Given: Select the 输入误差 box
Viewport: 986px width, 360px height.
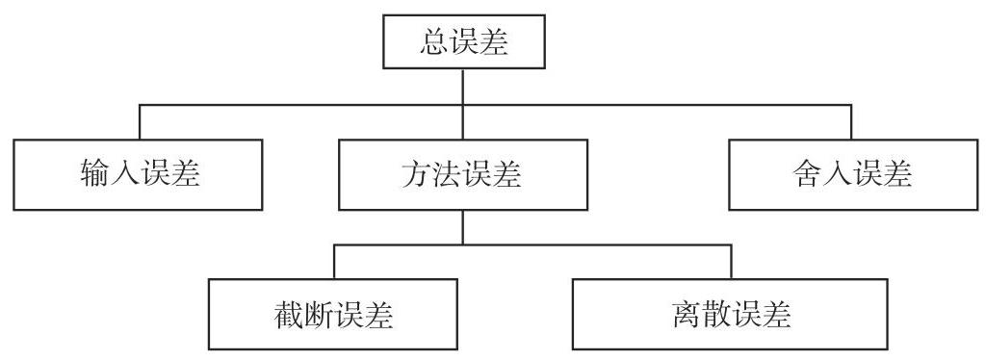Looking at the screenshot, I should (139, 174).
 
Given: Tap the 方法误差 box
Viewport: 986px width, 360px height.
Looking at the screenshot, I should (462, 174).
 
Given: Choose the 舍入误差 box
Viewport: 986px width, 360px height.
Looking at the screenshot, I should (851, 174).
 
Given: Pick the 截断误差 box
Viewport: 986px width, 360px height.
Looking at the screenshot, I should (333, 314).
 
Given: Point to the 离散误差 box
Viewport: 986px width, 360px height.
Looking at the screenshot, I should (730, 314).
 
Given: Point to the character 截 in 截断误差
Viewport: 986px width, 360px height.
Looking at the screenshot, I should (289, 314).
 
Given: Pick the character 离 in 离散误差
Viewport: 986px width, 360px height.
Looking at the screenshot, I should (686, 314).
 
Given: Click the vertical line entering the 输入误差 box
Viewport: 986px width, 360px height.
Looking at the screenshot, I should (139, 121).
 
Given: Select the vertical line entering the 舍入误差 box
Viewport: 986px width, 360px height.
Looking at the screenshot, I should (851, 121).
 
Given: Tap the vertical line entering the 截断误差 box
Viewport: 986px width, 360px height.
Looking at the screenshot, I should (333, 262).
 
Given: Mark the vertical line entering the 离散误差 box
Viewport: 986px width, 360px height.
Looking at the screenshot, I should (730, 262).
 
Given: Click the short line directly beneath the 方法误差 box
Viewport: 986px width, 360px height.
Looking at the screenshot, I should (463, 227).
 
